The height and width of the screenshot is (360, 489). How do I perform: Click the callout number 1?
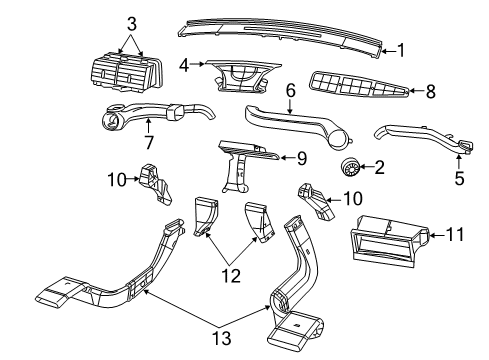[400, 48]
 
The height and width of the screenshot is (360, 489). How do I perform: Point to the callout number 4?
[184, 66]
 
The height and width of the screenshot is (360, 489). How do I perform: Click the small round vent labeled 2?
[351, 165]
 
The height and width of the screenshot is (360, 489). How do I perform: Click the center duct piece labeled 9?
[245, 160]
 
